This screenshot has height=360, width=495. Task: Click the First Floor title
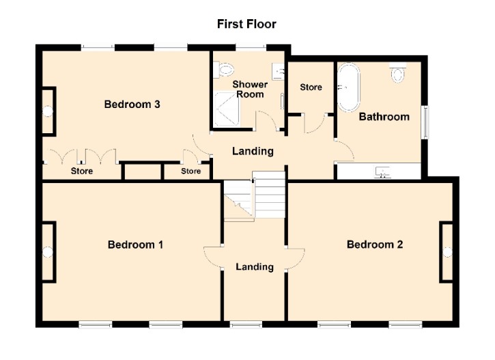246,24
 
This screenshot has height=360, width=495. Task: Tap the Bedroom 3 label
132,105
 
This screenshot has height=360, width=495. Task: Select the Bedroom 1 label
135,245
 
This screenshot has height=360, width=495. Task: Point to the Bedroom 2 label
375,245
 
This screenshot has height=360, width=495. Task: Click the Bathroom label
384,117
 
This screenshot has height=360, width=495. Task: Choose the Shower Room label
250,89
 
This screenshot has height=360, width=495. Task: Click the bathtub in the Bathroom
348,87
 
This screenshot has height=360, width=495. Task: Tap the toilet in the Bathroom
398,72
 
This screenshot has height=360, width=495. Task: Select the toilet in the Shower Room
223,70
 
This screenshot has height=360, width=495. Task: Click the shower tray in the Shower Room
227,109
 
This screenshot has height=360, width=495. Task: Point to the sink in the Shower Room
278,71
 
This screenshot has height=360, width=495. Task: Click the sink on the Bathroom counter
382,172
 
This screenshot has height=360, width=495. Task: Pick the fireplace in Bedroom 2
447,252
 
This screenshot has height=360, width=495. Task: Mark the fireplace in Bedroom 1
49,252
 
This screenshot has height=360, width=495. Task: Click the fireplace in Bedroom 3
49,111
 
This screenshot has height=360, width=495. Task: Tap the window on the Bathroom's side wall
426,122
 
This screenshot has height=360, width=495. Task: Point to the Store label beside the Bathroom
311,87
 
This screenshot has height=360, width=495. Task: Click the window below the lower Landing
246,324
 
